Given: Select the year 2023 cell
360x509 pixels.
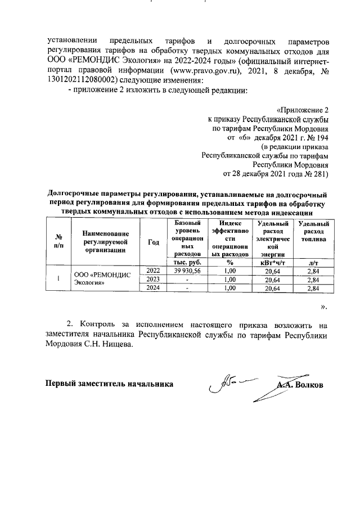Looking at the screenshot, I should coord(153,280).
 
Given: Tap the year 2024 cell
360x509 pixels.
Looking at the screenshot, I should coord(153,289).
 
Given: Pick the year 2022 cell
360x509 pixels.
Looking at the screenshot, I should coord(153,271).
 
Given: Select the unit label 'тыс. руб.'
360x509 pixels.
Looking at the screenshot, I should coord(183,262).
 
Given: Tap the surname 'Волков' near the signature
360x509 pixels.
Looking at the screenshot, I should coord(311,386).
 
